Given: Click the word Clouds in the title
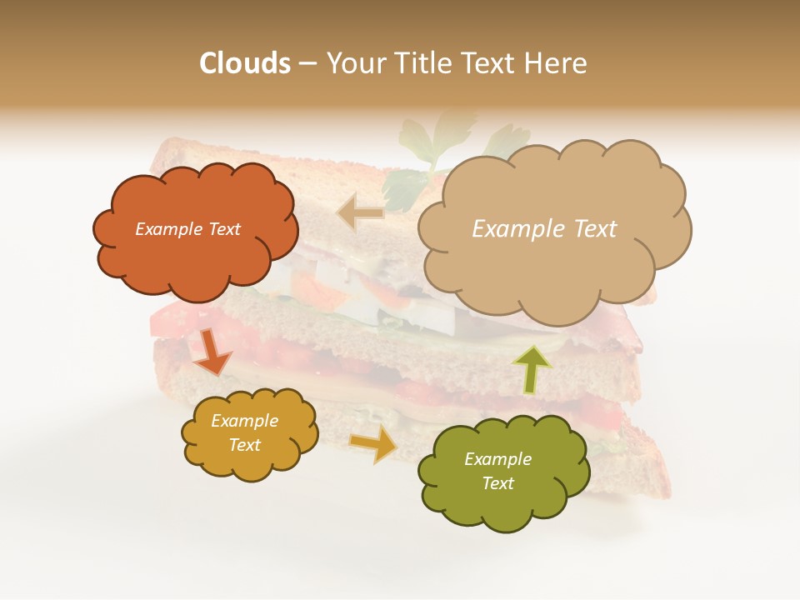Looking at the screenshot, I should point(245,63).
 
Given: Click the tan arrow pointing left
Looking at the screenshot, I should point(362,213).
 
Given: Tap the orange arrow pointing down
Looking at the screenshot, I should point(212,352).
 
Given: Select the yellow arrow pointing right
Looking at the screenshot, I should point(372,445).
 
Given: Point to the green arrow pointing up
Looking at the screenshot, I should point(531,368).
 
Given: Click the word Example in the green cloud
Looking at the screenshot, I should point(497,459).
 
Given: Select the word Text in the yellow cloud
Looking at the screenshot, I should point(245,445).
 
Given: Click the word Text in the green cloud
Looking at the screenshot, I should point(497,483).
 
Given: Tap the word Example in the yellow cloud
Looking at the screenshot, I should point(245,421).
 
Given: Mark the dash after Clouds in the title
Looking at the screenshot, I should point(307,63).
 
